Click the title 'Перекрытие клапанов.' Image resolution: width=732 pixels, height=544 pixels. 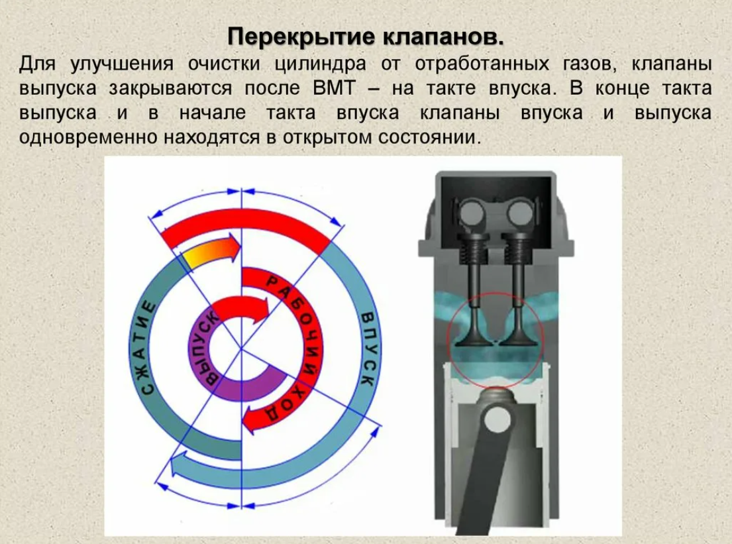click(366, 36)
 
